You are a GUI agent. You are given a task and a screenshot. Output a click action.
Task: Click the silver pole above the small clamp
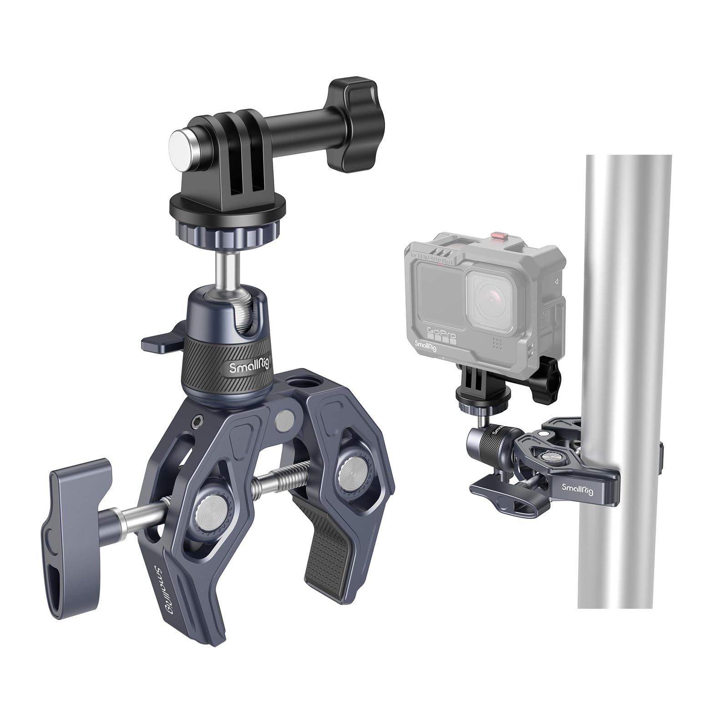coord(628,273)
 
